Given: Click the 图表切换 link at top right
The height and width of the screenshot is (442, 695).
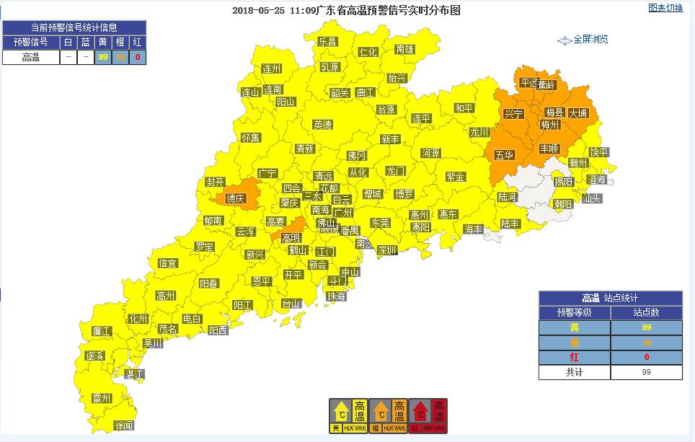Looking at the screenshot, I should click(x=665, y=9).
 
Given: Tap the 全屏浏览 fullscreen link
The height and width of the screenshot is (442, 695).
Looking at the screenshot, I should click(x=590, y=40).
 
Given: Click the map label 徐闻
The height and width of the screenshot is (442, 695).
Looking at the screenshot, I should click(x=124, y=426).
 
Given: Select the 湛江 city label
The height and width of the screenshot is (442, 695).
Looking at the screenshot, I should click(x=134, y=374).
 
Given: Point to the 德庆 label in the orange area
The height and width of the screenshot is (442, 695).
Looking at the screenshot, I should click(x=235, y=198).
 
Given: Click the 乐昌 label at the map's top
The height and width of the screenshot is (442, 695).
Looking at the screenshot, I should click(x=327, y=42).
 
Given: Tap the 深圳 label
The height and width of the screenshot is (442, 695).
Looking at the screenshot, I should click(x=387, y=250).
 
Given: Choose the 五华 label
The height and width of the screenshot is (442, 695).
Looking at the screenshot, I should click(x=505, y=155).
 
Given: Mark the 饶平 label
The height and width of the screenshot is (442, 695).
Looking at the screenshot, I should click(x=599, y=152).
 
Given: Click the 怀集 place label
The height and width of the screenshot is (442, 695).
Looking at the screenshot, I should click(x=251, y=138).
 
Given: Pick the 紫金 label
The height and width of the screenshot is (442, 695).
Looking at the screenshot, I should click(x=456, y=177).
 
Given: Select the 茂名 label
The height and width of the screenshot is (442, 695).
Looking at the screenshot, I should click(x=168, y=329).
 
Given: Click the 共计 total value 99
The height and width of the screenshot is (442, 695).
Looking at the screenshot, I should click(x=646, y=372).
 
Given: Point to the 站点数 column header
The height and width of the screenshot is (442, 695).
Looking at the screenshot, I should click(x=646, y=313).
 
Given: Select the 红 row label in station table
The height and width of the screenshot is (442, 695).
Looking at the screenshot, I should click(x=574, y=357).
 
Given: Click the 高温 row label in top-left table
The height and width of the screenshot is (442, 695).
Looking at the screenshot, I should click(x=30, y=58).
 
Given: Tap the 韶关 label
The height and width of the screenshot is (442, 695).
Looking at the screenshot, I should click(x=340, y=93).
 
